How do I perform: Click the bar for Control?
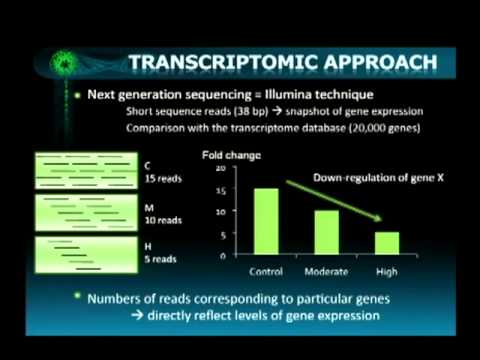click(x=265, y=222)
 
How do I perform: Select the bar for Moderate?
click(x=328, y=232)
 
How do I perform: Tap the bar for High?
click(x=387, y=244)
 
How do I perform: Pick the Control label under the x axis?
click(x=265, y=271)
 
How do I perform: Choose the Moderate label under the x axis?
click(x=328, y=271)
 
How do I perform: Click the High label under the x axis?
click(x=387, y=271)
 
